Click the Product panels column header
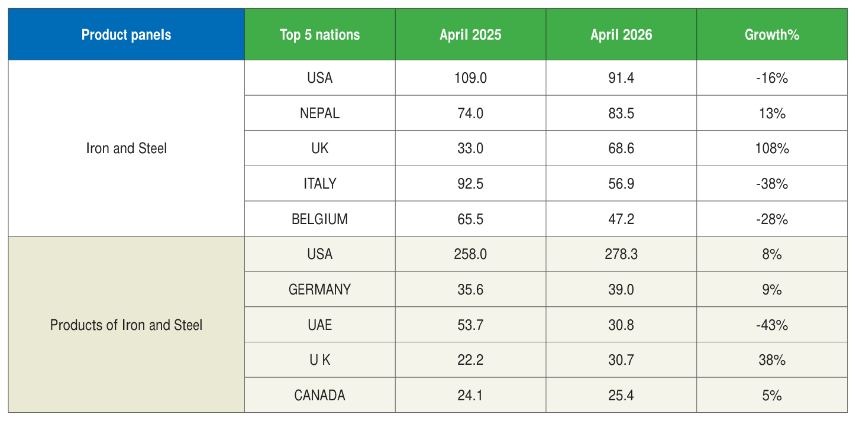pyautogui.click(x=126, y=35)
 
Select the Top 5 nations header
pyautogui.click(x=320, y=35)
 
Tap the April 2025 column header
pyautogui.click(x=470, y=35)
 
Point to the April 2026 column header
pyautogui.click(x=621, y=35)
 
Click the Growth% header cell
pyautogui.click(x=772, y=35)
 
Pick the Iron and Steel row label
pyautogui.click(x=126, y=148)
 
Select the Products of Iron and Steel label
pyautogui.click(x=126, y=325)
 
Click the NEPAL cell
pyautogui.click(x=320, y=114)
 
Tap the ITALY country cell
pyautogui.click(x=320, y=184)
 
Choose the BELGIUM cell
pyautogui.click(x=320, y=219)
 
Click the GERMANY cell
pyautogui.click(x=320, y=290)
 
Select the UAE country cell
pyautogui.click(x=320, y=325)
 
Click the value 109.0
pyautogui.click(x=470, y=78)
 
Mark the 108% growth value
pyautogui.click(x=772, y=148)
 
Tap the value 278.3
pyautogui.click(x=621, y=254)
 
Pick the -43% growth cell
pyautogui.click(x=772, y=325)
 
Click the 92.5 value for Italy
pyautogui.click(x=470, y=184)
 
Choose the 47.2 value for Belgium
pyautogui.click(x=621, y=219)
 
